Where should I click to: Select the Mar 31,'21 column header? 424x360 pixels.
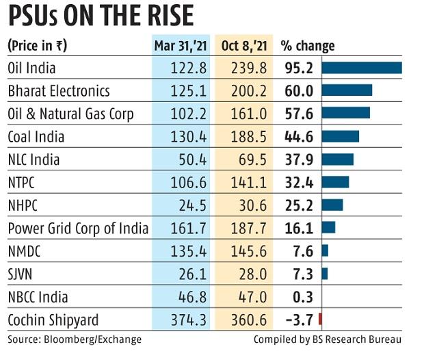point(181,47)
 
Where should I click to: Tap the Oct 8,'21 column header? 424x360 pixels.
point(244,47)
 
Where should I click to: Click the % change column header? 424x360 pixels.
point(308,47)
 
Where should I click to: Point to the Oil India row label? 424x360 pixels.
point(31,68)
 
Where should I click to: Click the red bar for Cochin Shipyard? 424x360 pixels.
point(320,320)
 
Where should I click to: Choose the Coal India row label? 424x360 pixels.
point(36,137)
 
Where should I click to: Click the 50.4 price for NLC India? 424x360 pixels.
point(191,160)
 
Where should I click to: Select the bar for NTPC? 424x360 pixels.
point(335,182)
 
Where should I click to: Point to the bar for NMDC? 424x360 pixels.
point(325,250)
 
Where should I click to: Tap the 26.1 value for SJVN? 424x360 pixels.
point(191,274)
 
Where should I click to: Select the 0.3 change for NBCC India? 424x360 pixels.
point(304,297)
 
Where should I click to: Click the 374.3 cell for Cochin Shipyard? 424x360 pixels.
point(188,320)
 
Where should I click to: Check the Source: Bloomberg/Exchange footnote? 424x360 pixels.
point(75,339)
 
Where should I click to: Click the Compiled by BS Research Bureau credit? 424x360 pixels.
point(327,339)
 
